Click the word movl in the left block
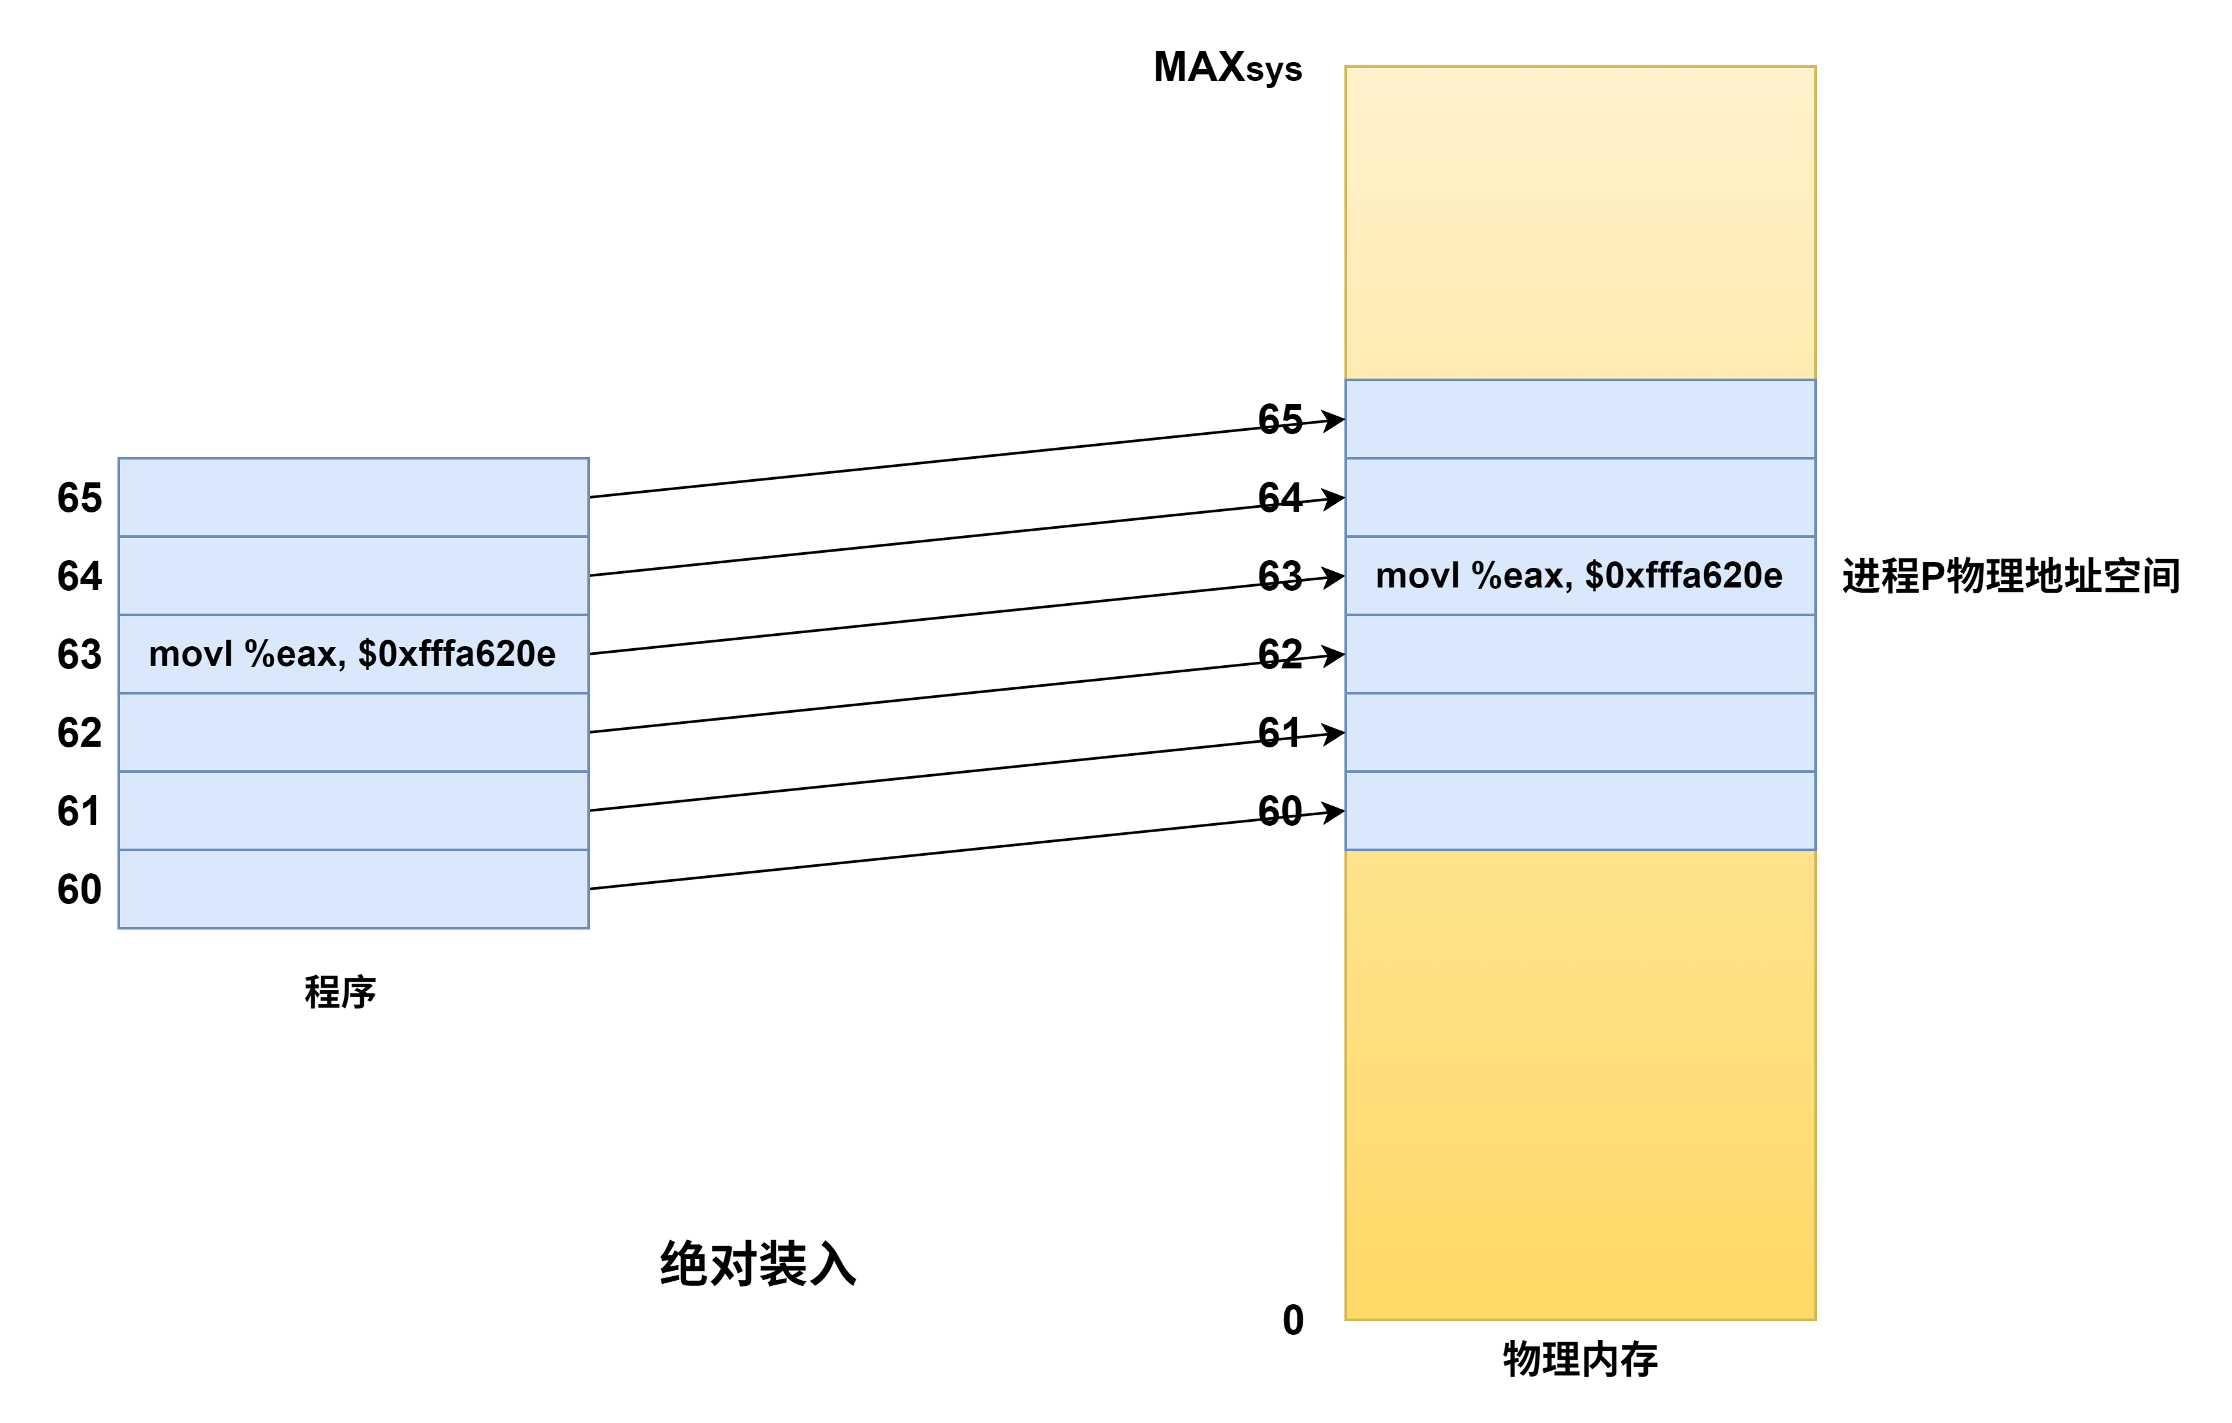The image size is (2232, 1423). click(x=190, y=655)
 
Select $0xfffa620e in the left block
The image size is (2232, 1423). click(x=457, y=655)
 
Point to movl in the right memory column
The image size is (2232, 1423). click(x=1418, y=576)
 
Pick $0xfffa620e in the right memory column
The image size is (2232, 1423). click(x=1683, y=576)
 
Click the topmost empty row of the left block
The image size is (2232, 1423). click(x=353, y=497)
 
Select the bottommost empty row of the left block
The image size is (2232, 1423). click(x=353, y=889)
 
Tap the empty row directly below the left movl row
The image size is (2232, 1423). click(x=353, y=732)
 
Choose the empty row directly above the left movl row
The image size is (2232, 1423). click(x=353, y=576)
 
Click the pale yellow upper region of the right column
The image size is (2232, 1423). click(x=1579, y=223)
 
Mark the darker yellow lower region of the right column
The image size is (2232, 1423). click(x=1579, y=1085)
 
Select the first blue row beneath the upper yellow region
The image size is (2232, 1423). click(x=1579, y=419)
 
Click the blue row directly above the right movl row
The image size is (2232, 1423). click(x=1579, y=497)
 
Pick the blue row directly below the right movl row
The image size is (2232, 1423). click(x=1579, y=655)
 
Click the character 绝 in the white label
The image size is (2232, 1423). click(x=684, y=1266)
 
